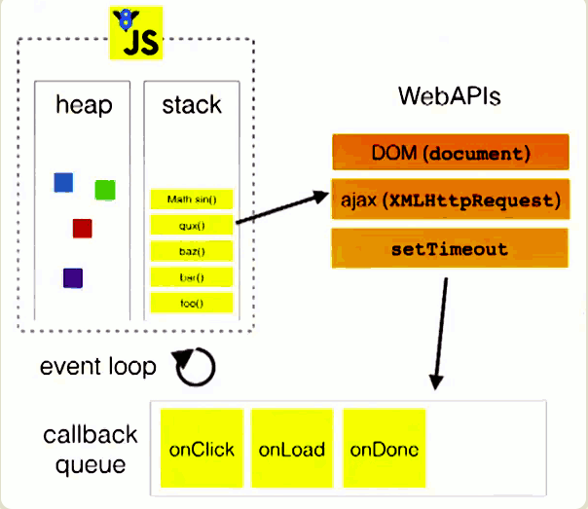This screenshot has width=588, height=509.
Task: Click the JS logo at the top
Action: (x=135, y=33)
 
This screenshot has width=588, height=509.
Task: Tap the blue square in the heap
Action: (x=63, y=183)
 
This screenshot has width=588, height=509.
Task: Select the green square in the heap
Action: (x=105, y=190)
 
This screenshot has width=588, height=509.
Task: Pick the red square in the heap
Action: (x=83, y=229)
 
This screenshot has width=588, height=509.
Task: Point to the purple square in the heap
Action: (x=73, y=278)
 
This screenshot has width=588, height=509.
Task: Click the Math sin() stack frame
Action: (x=192, y=200)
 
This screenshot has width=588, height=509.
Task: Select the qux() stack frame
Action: (x=192, y=225)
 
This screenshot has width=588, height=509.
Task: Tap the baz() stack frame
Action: (x=192, y=251)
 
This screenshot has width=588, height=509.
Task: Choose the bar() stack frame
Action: (x=192, y=277)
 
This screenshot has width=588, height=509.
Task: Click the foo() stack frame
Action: (x=192, y=303)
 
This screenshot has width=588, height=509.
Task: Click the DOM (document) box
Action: (x=451, y=152)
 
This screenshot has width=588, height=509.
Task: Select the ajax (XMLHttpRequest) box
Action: (x=451, y=200)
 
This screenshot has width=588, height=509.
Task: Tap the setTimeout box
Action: (x=450, y=248)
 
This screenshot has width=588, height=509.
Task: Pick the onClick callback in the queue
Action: (x=202, y=449)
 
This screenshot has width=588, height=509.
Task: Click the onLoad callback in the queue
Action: (x=292, y=449)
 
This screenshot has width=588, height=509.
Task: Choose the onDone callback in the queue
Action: (x=385, y=449)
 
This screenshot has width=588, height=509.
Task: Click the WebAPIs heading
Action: (x=449, y=96)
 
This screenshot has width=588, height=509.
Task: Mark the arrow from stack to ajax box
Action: (x=282, y=207)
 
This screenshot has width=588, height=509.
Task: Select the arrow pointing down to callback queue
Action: (x=441, y=334)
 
